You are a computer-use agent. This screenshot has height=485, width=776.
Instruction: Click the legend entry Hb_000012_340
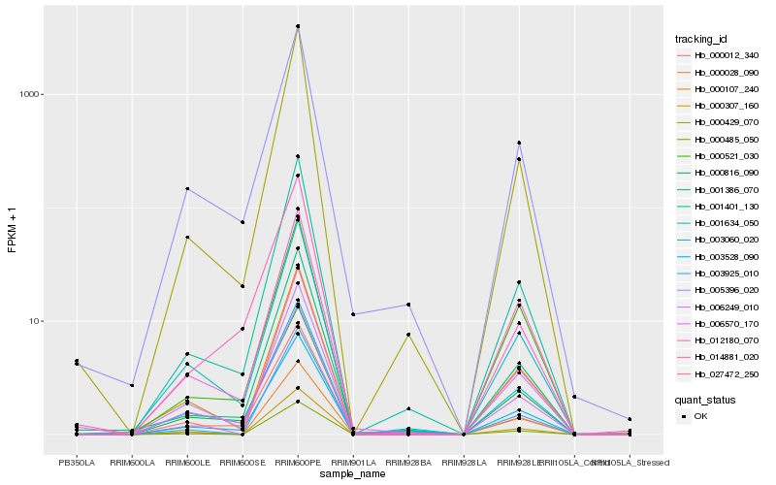click(722, 55)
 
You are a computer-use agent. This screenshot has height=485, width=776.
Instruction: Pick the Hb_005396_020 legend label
click(722, 290)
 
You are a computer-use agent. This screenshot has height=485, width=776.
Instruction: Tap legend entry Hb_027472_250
click(722, 373)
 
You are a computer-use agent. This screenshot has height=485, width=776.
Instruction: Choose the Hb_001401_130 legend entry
click(722, 206)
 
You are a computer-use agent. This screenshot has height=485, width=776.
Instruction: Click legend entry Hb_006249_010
click(722, 307)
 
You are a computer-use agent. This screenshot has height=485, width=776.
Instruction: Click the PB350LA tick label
click(77, 463)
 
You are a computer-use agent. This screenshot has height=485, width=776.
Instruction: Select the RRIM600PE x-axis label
click(298, 463)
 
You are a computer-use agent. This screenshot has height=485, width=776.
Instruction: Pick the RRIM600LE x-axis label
click(187, 463)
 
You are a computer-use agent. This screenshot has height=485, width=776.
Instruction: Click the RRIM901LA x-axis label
click(353, 463)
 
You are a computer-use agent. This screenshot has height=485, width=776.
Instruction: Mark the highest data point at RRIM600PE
click(298, 26)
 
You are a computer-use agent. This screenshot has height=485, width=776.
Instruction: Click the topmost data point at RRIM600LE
click(187, 188)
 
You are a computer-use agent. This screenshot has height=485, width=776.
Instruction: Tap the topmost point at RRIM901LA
click(353, 314)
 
